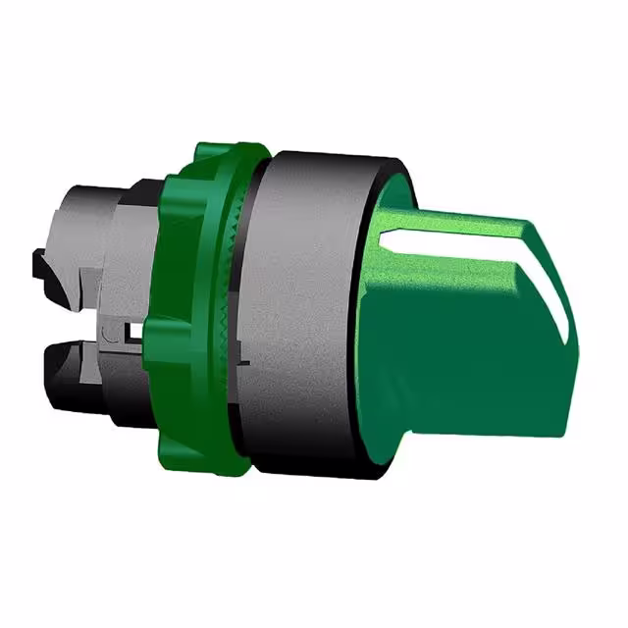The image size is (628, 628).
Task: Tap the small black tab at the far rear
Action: (x=39, y=265)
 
